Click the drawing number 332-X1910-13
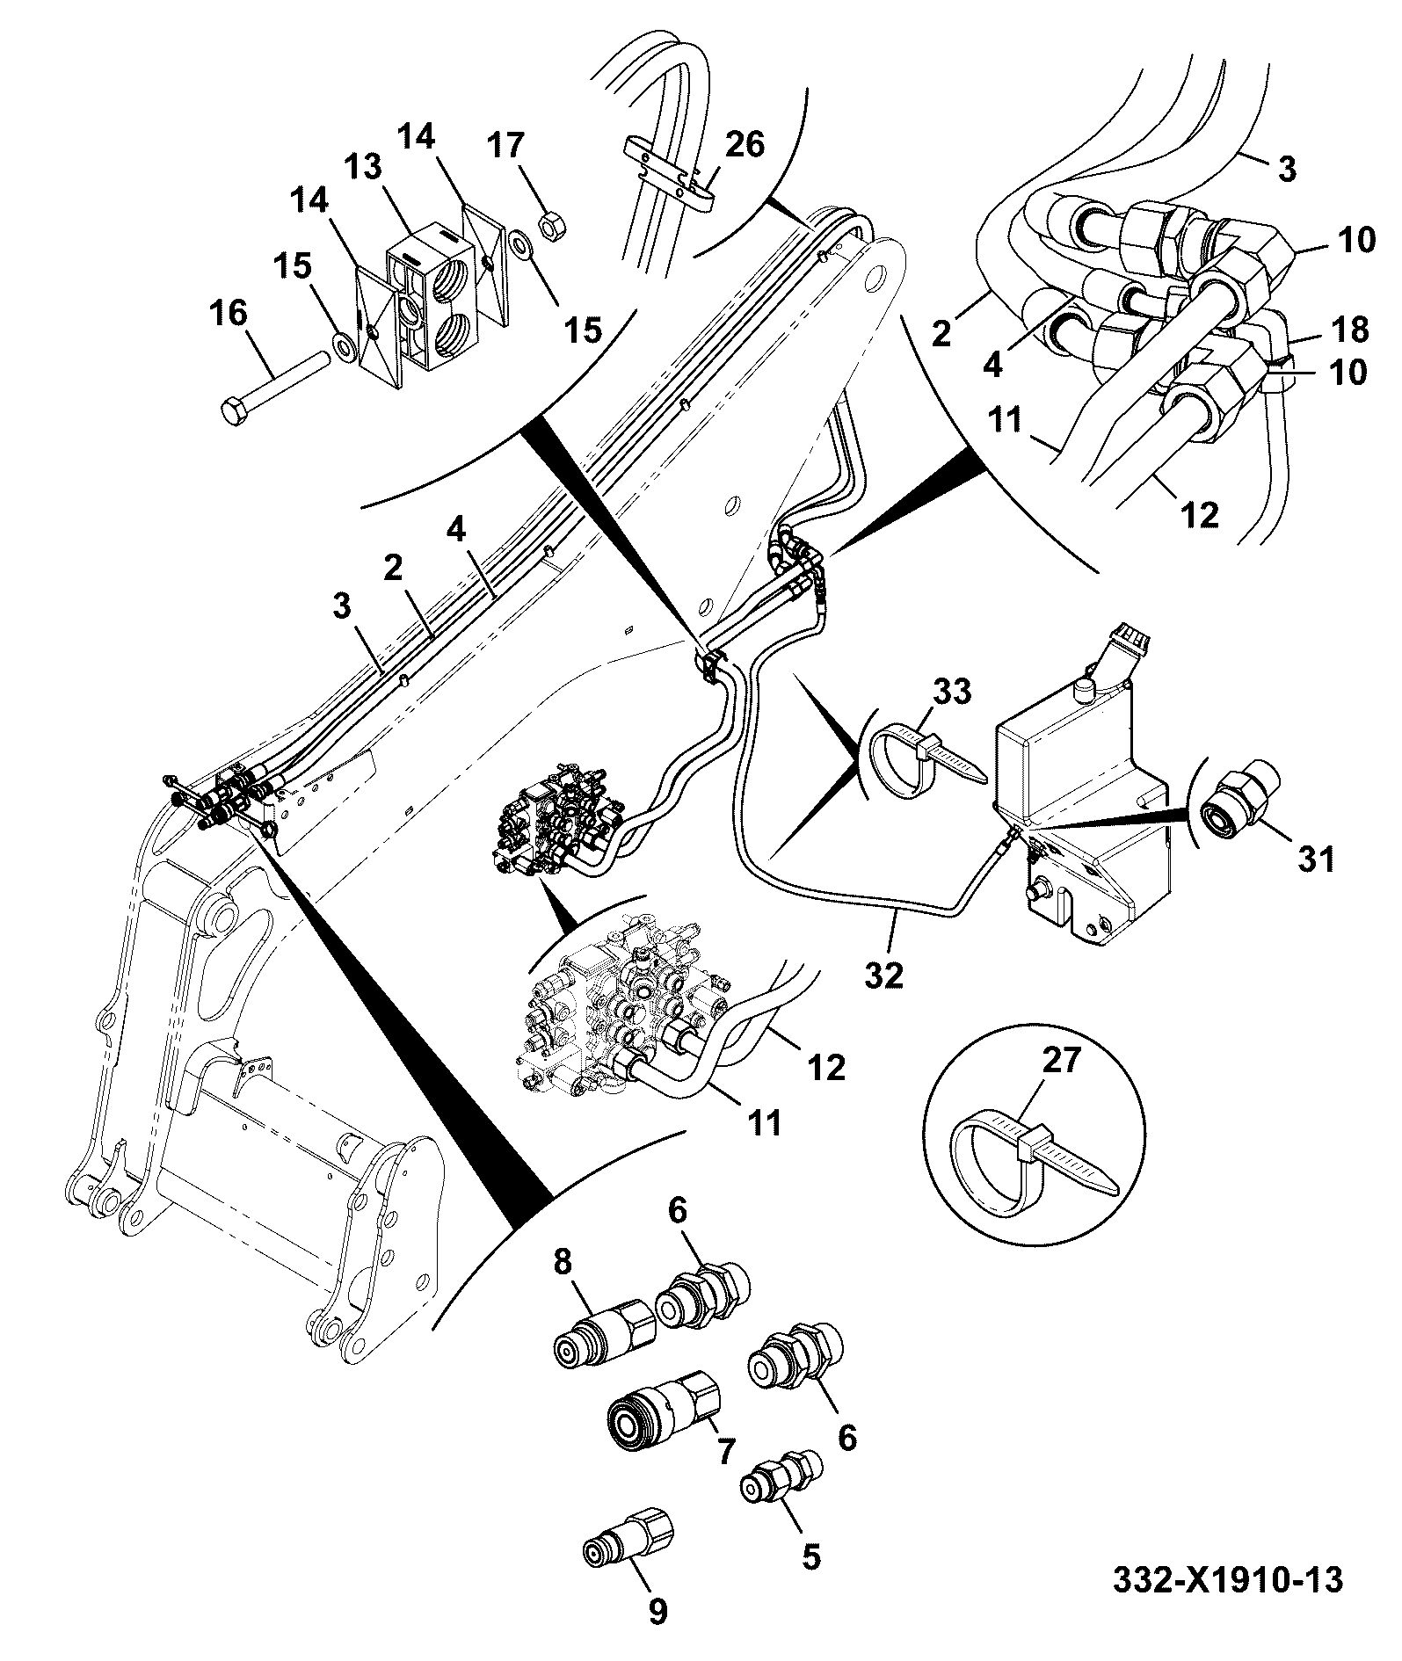point(1228,1580)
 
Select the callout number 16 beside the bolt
point(229,314)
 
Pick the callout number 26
point(745,144)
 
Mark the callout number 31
point(1316,858)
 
